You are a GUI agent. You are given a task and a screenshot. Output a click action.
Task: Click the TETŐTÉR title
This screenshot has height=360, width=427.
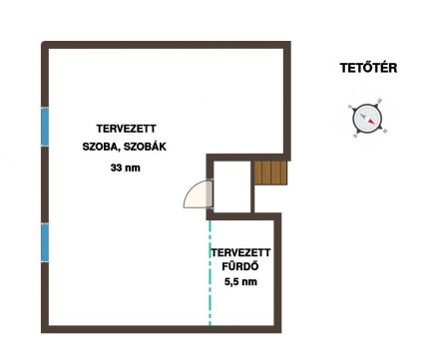pyautogui.click(x=368, y=68)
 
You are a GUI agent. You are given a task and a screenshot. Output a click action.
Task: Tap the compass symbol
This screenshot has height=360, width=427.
pyautogui.click(x=367, y=118)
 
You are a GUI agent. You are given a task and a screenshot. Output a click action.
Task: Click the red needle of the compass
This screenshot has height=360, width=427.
pyautogui.click(x=371, y=121)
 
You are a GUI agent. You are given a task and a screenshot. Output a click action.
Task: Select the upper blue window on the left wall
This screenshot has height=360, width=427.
pyautogui.click(x=45, y=127)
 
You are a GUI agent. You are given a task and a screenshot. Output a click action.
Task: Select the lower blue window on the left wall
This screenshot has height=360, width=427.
pyautogui.click(x=45, y=242)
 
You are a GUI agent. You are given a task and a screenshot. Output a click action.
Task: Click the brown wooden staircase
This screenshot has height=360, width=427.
pyautogui.click(x=270, y=173)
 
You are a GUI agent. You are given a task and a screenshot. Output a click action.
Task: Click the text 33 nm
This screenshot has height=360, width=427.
pyautogui.click(x=126, y=168)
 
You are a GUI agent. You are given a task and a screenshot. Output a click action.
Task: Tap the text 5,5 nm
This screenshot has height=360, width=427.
pyautogui.click(x=240, y=282)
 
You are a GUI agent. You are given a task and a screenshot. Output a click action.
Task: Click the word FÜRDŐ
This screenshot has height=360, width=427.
pyautogui.click(x=240, y=267)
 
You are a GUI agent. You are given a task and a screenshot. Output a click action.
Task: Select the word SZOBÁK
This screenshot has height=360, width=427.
pyautogui.click(x=145, y=147)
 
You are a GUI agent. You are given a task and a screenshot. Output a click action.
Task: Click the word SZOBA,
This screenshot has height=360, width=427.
pyautogui.click(x=102, y=147)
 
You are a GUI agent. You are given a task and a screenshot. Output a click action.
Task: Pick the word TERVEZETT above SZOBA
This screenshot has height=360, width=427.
pyautogui.click(x=127, y=129)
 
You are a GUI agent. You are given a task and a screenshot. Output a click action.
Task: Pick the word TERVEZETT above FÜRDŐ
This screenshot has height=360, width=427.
pyautogui.click(x=240, y=252)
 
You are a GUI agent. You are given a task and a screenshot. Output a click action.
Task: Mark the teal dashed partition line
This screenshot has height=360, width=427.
pyautogui.click(x=210, y=272)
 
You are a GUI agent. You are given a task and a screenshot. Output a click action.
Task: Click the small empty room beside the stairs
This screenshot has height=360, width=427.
pyautogui.click(x=231, y=186)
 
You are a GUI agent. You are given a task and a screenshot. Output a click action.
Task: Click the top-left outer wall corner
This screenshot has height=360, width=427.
pyautogui.click(x=43, y=43)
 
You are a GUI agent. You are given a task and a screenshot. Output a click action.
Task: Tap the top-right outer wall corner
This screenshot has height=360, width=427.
pyautogui.click(x=289, y=43)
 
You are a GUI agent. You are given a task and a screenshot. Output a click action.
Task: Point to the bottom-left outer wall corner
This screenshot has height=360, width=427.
pyautogui.click(x=43, y=331)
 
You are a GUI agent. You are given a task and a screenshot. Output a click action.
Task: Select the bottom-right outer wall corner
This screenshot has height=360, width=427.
pyautogui.click(x=279, y=331)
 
